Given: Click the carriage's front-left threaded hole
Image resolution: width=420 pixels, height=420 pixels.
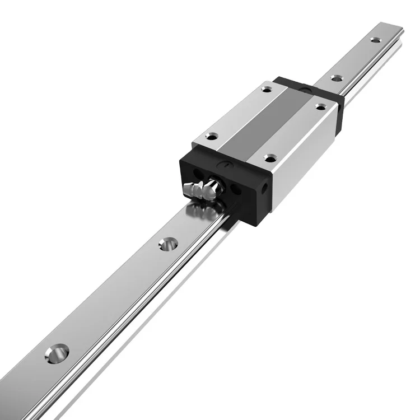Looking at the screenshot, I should coord(212,136).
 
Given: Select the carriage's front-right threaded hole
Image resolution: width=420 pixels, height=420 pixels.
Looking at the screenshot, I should coord(270,159).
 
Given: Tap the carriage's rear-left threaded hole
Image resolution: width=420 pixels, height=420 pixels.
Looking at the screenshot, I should coord(267,88).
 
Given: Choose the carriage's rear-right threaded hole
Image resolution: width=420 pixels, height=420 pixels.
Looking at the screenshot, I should coord(320,106).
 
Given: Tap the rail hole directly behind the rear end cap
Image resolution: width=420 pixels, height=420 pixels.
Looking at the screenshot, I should coord(337,78).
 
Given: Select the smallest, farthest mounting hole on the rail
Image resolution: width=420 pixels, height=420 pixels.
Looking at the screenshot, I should coord(375,40).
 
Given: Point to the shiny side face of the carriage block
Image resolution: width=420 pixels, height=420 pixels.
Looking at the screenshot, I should coord(305,162).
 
